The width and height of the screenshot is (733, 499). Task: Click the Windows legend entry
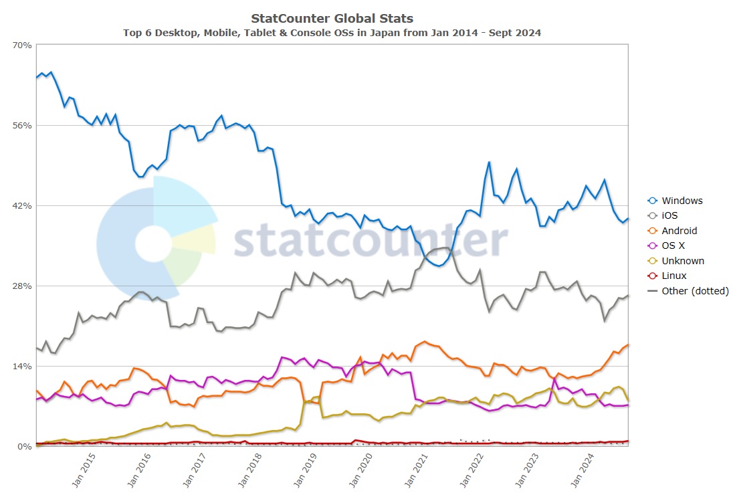(x=682, y=201)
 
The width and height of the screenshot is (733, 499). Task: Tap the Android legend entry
(x=679, y=231)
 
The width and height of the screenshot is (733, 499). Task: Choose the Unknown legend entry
(x=682, y=261)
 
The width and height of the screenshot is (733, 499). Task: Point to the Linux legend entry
(x=673, y=276)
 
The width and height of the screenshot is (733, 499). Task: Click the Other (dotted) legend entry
(x=695, y=291)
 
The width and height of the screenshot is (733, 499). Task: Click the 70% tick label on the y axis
(x=22, y=45)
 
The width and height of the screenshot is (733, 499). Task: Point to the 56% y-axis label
(x=22, y=125)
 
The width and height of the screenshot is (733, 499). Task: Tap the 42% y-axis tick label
(x=22, y=205)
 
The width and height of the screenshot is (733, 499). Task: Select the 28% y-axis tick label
(x=22, y=286)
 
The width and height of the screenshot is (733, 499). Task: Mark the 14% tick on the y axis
(x=22, y=366)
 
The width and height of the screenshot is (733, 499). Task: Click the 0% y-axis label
(x=25, y=446)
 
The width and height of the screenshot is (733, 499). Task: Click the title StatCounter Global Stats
(x=332, y=18)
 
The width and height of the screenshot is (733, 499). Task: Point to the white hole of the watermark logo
(x=153, y=243)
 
